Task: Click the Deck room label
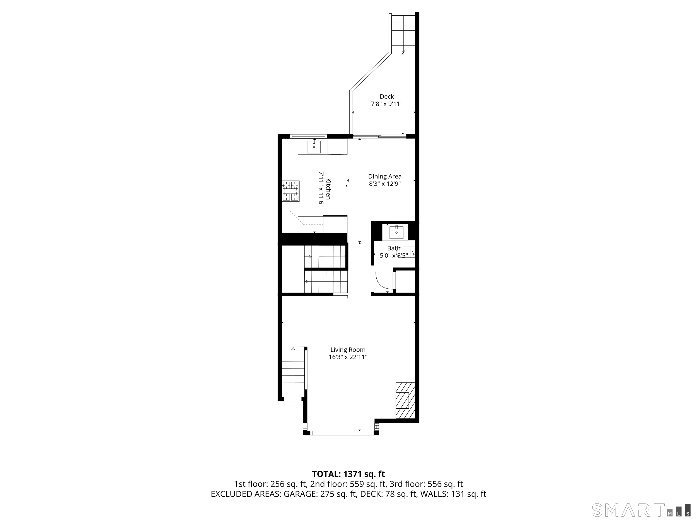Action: tap(387, 97)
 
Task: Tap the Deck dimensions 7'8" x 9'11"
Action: tap(387, 104)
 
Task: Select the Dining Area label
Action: tap(385, 177)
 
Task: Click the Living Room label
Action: tap(348, 350)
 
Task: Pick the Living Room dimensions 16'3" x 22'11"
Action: tap(348, 357)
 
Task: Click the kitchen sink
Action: tap(314, 147)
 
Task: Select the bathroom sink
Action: tap(396, 233)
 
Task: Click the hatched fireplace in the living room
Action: tap(405, 400)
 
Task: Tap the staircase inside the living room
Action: tap(293, 372)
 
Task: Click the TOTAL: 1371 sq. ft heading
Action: tap(348, 474)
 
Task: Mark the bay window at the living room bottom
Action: tap(341, 433)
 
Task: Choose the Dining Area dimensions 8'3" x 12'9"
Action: tap(385, 184)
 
